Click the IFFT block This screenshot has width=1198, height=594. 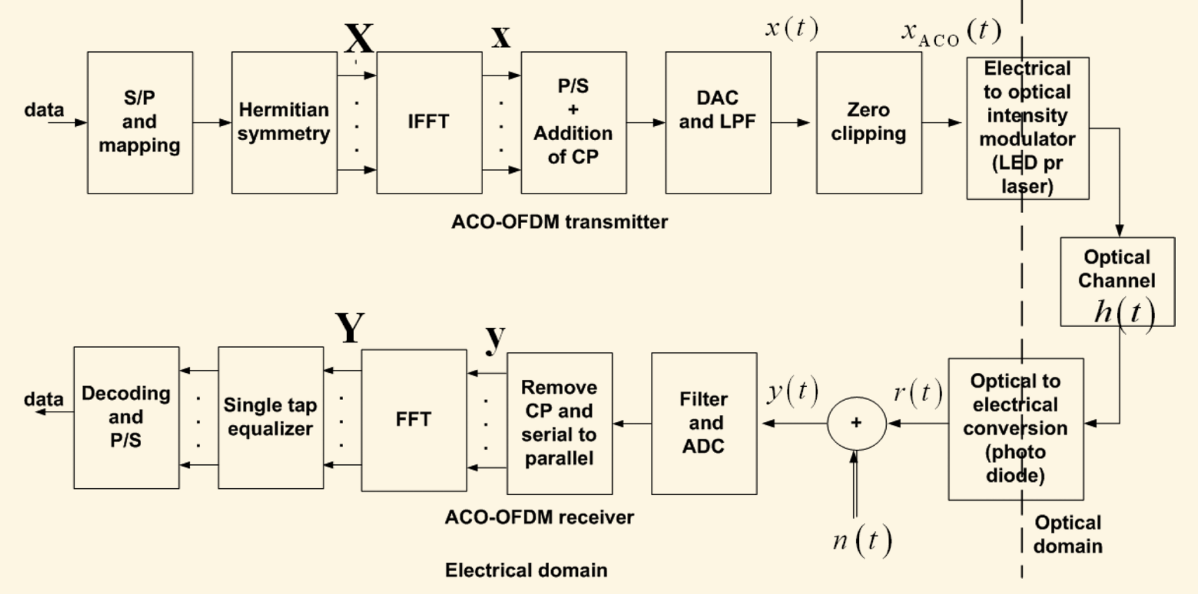pyautogui.click(x=429, y=122)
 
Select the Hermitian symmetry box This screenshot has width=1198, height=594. pyautogui.click(x=284, y=122)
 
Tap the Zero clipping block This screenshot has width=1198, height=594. pyautogui.click(x=868, y=122)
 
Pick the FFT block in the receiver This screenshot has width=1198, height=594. pyautogui.click(x=414, y=420)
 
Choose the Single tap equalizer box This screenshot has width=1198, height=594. pyautogui.click(x=270, y=417)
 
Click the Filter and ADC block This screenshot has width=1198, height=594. pyautogui.click(x=703, y=423)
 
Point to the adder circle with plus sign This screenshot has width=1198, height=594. pyautogui.click(x=856, y=423)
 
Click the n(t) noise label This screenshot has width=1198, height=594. pyautogui.click(x=862, y=540)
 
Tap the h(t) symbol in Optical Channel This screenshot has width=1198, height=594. pyautogui.click(x=1124, y=313)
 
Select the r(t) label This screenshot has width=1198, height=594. pyautogui.click(x=917, y=393)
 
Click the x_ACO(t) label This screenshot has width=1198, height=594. pyautogui.click(x=950, y=32)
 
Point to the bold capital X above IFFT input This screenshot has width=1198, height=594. pyautogui.click(x=359, y=38)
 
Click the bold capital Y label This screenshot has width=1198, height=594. pyautogui.click(x=350, y=328)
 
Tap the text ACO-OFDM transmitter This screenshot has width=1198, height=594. pyautogui.click(x=559, y=222)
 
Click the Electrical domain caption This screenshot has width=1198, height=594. pyautogui.click(x=526, y=570)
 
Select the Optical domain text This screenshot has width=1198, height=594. pyautogui.click(x=1067, y=534)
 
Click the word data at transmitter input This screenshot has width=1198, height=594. pyautogui.click(x=44, y=110)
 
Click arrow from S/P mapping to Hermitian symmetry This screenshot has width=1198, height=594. pyautogui.click(x=212, y=122)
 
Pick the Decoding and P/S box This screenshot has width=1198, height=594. pyautogui.click(x=126, y=417)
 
